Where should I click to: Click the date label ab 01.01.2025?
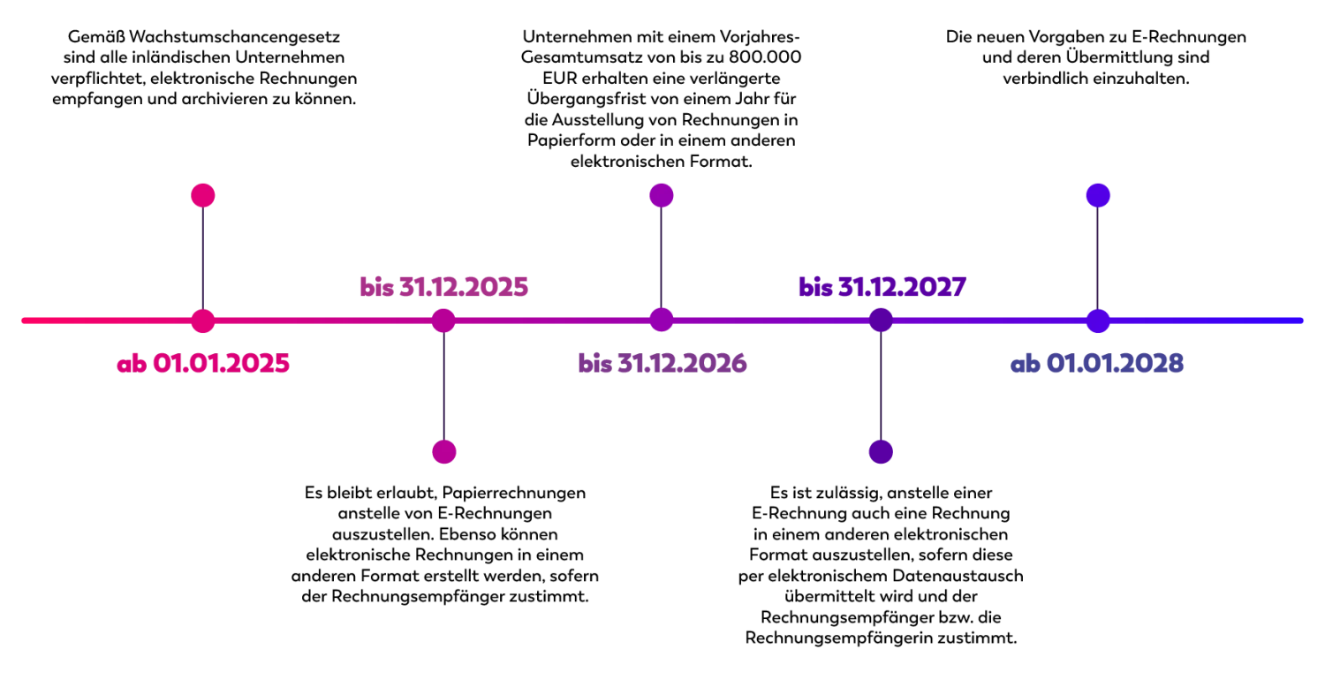tap(203, 363)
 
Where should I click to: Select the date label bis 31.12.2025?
tap(443, 286)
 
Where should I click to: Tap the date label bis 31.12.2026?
tap(662, 362)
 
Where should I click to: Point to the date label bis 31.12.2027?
tap(882, 286)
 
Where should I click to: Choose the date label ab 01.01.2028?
tap(1098, 363)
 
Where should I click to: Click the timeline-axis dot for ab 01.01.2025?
tap(203, 320)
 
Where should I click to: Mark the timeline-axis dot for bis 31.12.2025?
tap(443, 320)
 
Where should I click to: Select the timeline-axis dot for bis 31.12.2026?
tap(662, 320)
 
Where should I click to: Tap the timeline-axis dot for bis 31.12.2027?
tap(880, 320)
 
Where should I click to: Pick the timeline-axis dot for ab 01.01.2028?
tap(1098, 320)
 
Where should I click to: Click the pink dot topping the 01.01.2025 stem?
tap(203, 194)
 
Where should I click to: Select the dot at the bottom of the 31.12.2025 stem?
tap(444, 451)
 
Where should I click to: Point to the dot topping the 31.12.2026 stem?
tap(662, 194)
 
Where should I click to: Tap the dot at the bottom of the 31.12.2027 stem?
tap(881, 451)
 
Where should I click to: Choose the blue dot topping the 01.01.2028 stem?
tap(1097, 194)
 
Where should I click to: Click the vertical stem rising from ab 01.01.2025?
tap(202, 256)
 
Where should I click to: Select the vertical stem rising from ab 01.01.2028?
tap(1098, 256)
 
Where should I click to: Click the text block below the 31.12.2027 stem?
tap(880, 566)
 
